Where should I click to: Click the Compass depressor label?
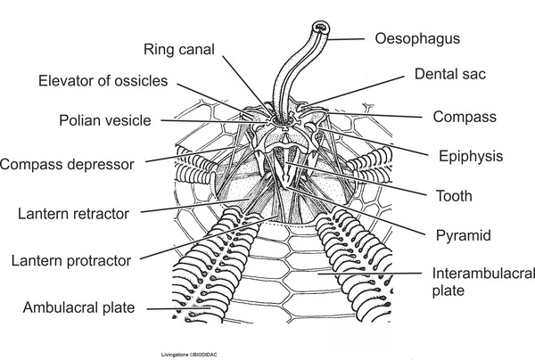click(68, 164)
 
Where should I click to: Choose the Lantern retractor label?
click(74, 214)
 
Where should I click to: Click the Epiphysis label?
click(471, 156)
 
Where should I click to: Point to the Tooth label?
click(453, 196)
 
